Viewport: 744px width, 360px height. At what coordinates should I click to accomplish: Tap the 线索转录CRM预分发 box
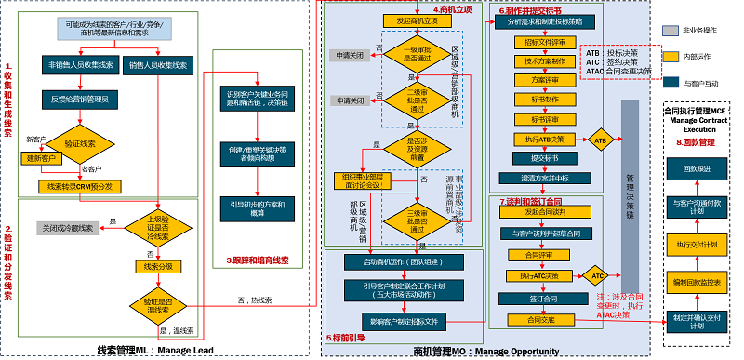[x=79, y=187]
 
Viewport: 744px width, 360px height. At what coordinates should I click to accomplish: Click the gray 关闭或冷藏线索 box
[x=69, y=227]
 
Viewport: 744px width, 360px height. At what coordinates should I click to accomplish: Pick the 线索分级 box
[x=153, y=266]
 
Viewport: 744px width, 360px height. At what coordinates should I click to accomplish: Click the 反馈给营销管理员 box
[x=79, y=98]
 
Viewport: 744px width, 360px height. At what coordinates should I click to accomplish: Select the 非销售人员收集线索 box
[x=79, y=65]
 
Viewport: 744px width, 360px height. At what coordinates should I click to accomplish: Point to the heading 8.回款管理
[x=696, y=142]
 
